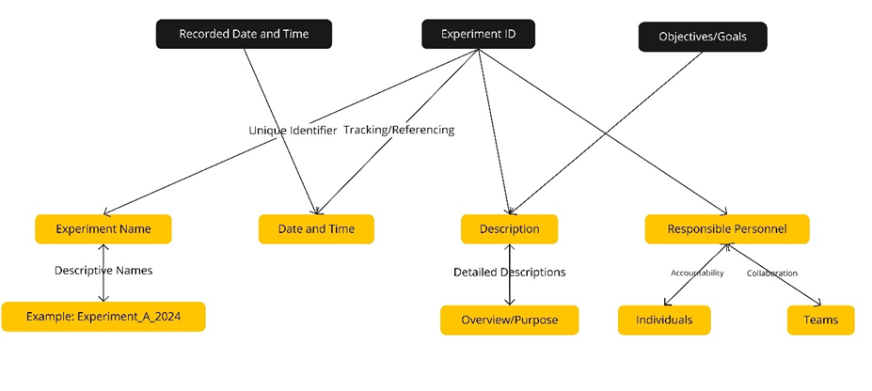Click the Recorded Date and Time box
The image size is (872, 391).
244,35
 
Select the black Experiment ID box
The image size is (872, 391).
480,35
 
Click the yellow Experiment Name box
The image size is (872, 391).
105,228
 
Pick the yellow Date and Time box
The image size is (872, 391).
316,228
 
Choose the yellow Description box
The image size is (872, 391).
509,228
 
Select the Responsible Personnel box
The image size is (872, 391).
727,228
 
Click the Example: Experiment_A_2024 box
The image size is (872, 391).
103,316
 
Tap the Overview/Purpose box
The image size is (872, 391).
509,320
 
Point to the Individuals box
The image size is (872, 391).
664,320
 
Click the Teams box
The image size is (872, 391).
820,320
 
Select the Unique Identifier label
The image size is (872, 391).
293,131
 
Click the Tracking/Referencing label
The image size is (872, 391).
399,131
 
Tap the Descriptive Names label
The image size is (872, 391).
103,271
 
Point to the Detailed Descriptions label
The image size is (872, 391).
509,273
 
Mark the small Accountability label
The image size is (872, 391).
697,273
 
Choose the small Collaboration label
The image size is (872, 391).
771,274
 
